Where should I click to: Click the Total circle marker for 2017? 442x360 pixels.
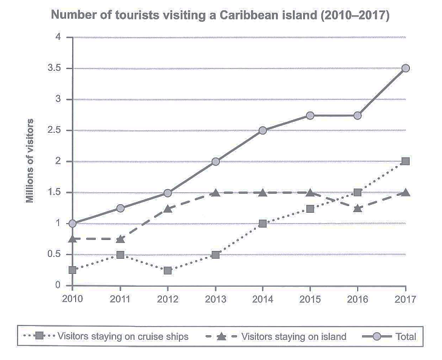click(406, 68)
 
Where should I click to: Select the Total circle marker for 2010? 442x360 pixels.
click(73, 224)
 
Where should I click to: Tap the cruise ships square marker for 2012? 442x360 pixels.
click(168, 270)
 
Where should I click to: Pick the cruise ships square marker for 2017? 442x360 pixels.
click(406, 161)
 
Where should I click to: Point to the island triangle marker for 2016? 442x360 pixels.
click(358, 208)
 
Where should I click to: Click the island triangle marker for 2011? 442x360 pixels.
click(120, 239)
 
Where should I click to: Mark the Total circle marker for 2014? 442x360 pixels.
click(263, 130)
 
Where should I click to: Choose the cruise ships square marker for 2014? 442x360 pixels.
click(263, 224)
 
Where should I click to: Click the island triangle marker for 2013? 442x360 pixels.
click(215, 192)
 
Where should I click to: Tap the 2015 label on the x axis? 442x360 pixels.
click(310, 298)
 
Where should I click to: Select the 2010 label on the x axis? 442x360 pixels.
click(73, 298)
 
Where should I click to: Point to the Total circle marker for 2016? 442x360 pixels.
click(358, 115)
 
